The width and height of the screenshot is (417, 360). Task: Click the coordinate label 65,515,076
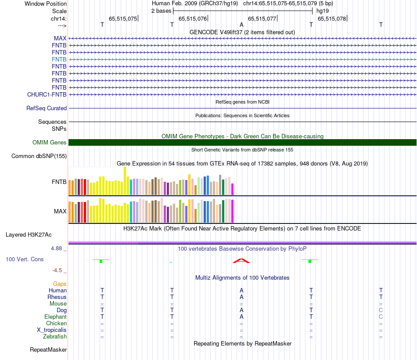pos(193,18)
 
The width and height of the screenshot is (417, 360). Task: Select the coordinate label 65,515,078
pos(332,18)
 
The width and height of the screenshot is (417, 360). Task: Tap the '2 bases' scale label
pos(161,11)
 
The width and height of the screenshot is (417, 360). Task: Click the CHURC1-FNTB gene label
pos(47,94)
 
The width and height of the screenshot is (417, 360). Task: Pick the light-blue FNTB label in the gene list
pos(59,59)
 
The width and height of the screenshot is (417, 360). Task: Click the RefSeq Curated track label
pos(47,108)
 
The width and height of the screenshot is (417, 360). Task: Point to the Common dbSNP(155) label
pos(39,156)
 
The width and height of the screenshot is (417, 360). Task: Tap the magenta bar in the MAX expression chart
pos(233,211)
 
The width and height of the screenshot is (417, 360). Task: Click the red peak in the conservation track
pos(241,261)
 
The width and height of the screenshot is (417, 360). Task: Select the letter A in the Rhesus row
pos(241,297)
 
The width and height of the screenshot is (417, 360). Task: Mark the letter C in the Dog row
pos(381,310)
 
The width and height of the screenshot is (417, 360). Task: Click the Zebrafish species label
pos(55,337)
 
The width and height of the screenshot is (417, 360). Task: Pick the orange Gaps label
pos(60,284)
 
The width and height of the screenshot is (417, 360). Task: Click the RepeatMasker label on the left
pos(48,350)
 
